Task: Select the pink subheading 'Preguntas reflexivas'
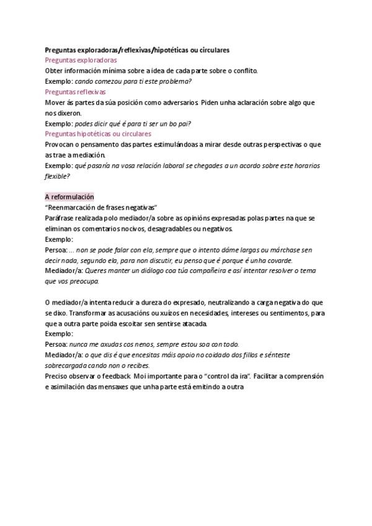click(71, 92)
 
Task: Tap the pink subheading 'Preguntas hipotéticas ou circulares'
click(98, 133)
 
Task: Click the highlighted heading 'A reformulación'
click(69, 197)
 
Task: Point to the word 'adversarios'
click(177, 102)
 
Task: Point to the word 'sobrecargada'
click(66, 365)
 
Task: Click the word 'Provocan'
click(60, 145)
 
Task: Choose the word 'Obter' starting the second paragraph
click(54, 71)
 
